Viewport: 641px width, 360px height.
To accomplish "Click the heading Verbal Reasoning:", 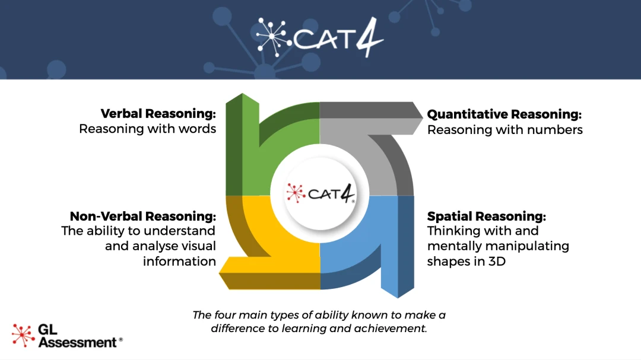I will point(158,113).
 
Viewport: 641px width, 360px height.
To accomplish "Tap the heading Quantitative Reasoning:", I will point(504,114).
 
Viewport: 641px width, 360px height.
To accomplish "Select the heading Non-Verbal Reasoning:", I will point(142,215).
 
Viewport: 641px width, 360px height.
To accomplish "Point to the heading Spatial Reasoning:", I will point(486,216).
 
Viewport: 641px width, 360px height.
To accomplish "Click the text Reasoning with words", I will point(147,129).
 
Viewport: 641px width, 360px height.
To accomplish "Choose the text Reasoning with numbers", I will point(504,129).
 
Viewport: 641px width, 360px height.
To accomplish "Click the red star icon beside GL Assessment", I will point(23,335).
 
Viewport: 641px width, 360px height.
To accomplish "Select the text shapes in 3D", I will point(466,260).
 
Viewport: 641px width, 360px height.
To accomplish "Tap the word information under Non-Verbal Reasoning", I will point(179,260).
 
